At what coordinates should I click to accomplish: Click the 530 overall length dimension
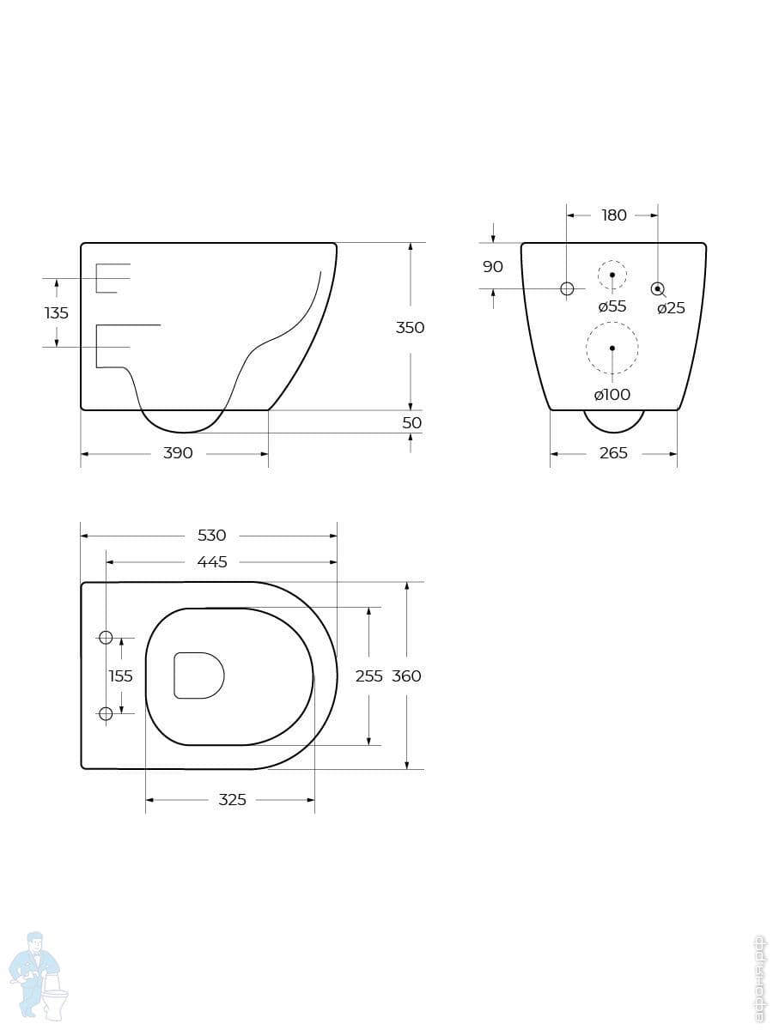[211, 536]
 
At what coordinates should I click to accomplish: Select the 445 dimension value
[211, 562]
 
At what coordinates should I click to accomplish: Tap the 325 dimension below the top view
[232, 800]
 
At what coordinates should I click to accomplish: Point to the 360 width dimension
[406, 676]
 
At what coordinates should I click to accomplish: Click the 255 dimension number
[368, 676]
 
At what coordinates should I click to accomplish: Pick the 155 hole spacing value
[120, 676]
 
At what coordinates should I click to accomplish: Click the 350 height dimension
[410, 327]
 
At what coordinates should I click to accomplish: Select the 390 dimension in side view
[178, 453]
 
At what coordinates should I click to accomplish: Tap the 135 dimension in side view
[57, 313]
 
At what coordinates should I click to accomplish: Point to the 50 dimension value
[412, 423]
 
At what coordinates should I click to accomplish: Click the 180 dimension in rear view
[614, 215]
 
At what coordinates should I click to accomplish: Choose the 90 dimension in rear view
[493, 267]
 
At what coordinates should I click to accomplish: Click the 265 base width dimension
[613, 453]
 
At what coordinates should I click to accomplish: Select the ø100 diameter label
[612, 395]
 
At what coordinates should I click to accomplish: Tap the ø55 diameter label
[612, 306]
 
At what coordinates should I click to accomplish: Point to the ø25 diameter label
[671, 308]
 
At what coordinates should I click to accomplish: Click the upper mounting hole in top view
[106, 637]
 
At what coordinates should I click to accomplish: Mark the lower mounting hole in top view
[106, 713]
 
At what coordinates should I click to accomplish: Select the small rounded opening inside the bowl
[198, 675]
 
